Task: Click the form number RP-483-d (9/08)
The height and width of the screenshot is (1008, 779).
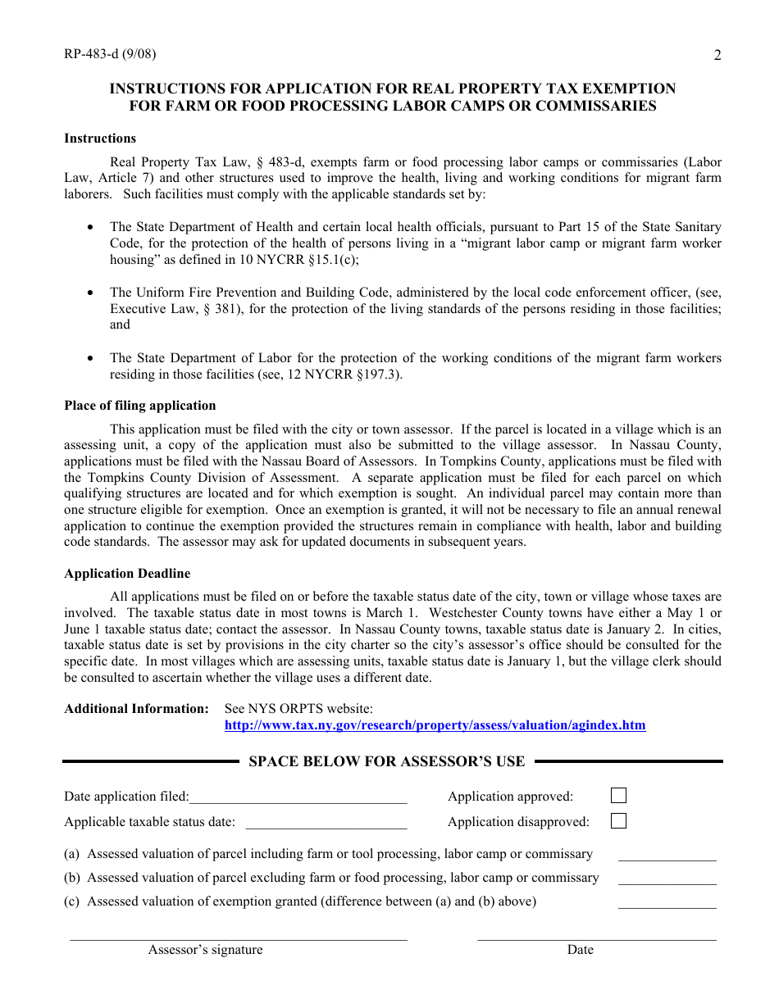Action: [x=110, y=55]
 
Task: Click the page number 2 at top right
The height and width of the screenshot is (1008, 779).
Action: [x=717, y=56]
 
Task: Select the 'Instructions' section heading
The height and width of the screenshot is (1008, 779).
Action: [x=100, y=138]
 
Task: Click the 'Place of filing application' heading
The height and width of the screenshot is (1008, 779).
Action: [x=140, y=406]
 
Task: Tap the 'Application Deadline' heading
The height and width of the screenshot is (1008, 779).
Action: [x=127, y=574]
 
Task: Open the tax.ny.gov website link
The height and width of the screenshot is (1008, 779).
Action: [x=435, y=725]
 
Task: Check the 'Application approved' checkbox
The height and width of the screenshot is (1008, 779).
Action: [x=618, y=796]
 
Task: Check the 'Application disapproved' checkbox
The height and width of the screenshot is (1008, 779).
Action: [x=618, y=821]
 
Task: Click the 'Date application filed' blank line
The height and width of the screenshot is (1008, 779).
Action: [x=298, y=800]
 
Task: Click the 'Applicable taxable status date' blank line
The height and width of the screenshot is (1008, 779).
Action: [x=326, y=826]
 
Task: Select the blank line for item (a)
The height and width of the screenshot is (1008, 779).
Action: [x=667, y=859]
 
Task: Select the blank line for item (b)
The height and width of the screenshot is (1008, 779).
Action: [x=667, y=883]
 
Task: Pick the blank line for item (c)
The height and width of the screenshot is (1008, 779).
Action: [x=667, y=906]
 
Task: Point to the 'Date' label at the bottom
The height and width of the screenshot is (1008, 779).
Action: [x=580, y=950]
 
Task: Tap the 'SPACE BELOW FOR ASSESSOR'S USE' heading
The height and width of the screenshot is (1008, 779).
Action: [x=386, y=761]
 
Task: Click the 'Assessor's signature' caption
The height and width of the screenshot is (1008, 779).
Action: [x=205, y=950]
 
